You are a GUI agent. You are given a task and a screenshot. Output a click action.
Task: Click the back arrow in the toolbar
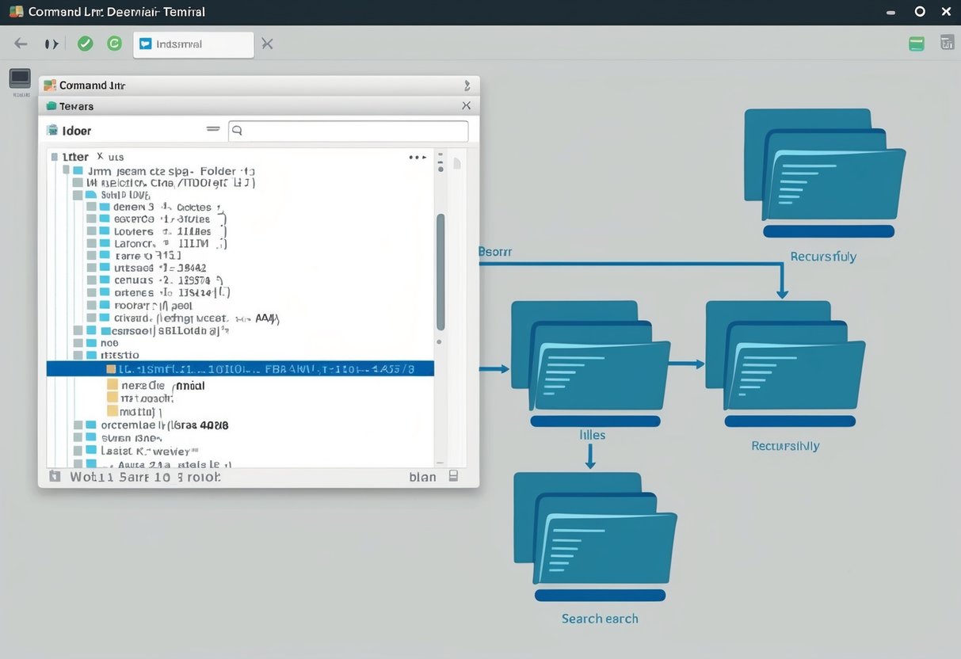(x=21, y=44)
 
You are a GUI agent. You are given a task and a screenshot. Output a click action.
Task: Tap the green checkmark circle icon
(x=85, y=44)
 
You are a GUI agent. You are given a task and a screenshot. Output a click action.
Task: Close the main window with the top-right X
(x=946, y=11)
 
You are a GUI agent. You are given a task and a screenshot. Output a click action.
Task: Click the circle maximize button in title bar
(x=920, y=11)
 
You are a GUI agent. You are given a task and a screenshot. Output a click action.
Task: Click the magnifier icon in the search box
(x=237, y=131)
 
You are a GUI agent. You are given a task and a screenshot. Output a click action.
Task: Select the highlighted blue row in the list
(x=240, y=368)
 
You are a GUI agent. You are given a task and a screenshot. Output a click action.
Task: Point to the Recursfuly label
(x=823, y=257)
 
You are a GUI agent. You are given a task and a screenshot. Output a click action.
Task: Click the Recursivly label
(x=785, y=446)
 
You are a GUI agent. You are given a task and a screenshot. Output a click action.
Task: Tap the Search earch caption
(x=600, y=619)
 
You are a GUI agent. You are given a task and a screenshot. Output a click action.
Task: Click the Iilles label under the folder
(x=587, y=435)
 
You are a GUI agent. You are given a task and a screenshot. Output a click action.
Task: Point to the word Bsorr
(x=495, y=252)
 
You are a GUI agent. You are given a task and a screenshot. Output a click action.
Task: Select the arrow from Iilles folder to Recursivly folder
(x=686, y=364)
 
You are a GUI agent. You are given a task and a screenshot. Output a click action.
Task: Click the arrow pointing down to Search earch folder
(x=590, y=456)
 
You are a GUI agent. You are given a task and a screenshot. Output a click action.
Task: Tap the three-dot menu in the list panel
(x=418, y=158)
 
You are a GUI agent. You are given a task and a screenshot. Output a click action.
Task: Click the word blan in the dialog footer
(x=422, y=477)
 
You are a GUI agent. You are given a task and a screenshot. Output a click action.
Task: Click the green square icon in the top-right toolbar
(x=917, y=44)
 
